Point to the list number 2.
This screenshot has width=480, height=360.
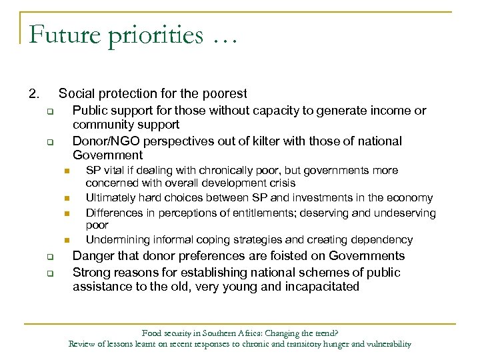point(33,94)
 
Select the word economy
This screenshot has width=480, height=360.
point(411,197)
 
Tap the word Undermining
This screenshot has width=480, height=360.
point(117,239)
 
